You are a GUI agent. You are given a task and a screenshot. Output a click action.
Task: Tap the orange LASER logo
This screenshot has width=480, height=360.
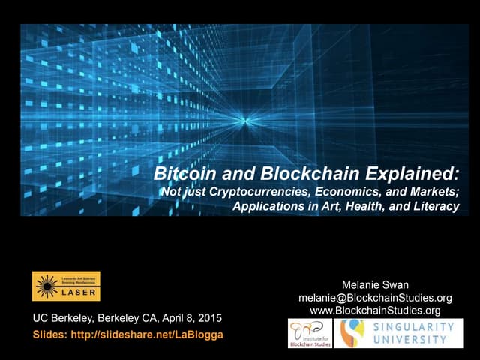click(x=66, y=286)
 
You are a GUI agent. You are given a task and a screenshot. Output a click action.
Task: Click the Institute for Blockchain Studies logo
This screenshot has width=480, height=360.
click(x=309, y=333)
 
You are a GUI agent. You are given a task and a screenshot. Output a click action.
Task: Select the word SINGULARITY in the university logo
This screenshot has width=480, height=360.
click(x=412, y=327)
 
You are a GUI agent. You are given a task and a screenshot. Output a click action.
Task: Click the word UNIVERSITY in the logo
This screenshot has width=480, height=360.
click(x=412, y=339)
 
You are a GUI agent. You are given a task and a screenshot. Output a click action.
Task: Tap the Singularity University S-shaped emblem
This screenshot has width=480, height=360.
click(x=352, y=333)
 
